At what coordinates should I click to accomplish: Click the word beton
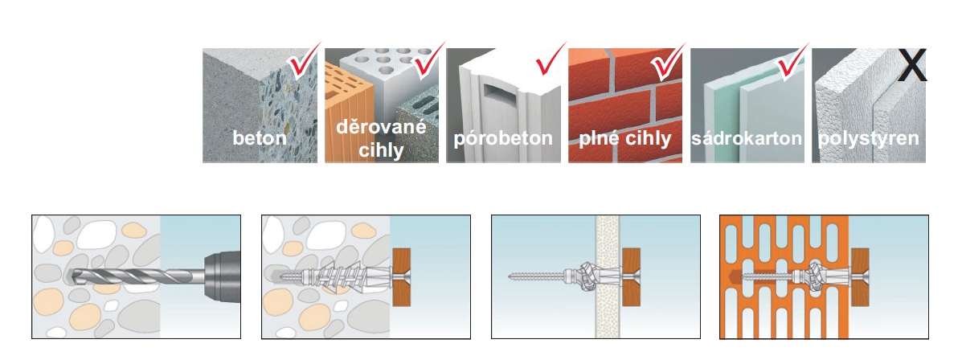260,137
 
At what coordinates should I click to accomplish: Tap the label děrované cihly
381,138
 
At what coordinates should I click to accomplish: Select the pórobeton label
503,138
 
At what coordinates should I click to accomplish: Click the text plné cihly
625,138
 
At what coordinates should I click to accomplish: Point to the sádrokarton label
747,137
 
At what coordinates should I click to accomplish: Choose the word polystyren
869,138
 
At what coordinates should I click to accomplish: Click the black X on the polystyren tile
911,65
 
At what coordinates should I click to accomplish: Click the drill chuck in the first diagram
221,276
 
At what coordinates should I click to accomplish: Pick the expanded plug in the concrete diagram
341,276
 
